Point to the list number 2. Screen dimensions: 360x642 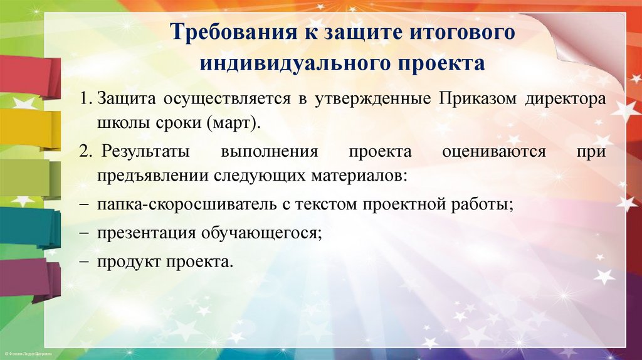[86, 152]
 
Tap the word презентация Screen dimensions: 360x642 [146, 233]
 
